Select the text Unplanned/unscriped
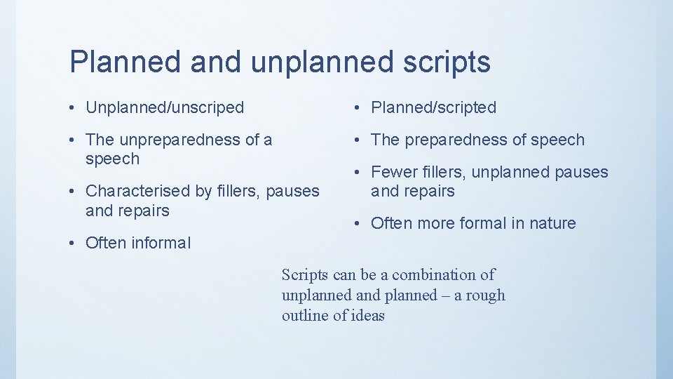165,107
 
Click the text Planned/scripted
433,107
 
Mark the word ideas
367,316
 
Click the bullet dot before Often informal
74,244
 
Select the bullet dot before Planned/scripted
358,108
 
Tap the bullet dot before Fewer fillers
358,173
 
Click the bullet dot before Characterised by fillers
74,192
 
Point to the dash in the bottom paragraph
446,295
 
